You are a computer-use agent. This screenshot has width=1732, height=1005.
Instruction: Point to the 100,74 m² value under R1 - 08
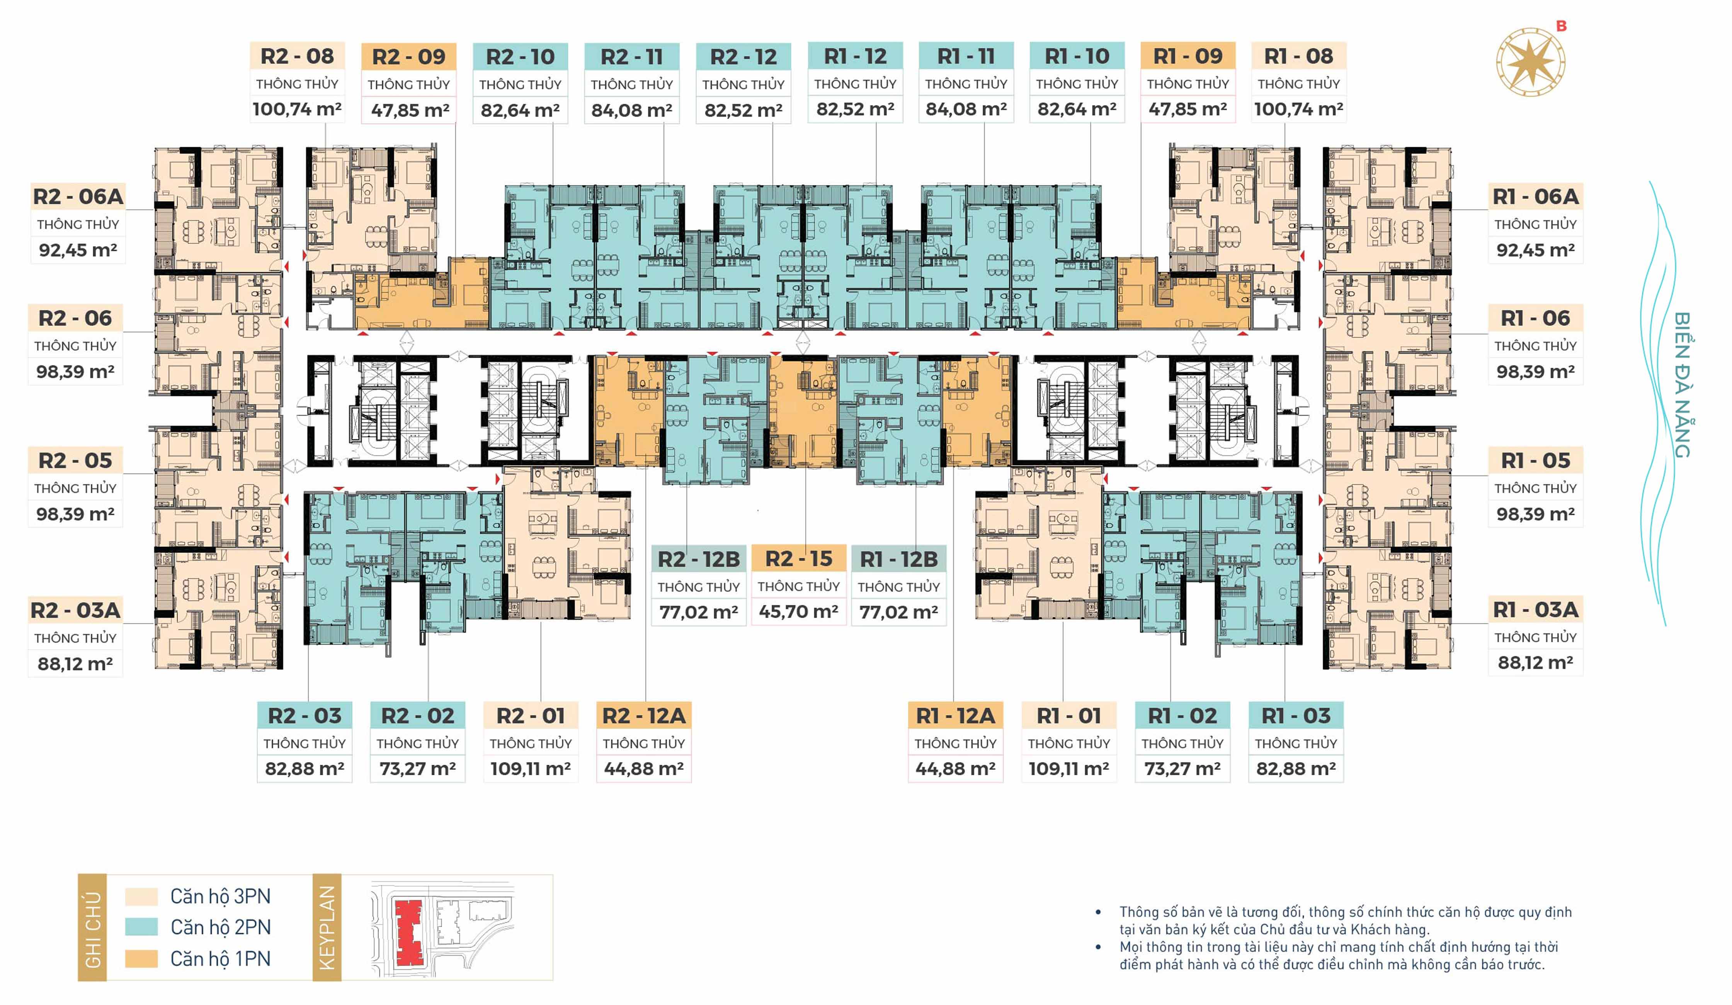click(x=1298, y=109)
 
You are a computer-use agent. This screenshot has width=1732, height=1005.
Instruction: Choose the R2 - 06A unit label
click(x=78, y=197)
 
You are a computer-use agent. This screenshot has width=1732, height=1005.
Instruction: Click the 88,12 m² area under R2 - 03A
click(x=76, y=664)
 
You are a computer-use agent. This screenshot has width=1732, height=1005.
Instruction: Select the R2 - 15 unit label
click(x=799, y=559)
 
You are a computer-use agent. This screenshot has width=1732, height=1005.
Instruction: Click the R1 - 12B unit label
click(x=898, y=559)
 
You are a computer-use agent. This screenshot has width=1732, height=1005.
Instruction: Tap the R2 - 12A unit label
click(x=644, y=716)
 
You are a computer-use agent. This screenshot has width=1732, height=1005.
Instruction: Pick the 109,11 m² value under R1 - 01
click(x=1069, y=769)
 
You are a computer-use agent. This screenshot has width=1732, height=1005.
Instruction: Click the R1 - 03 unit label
click(x=1296, y=716)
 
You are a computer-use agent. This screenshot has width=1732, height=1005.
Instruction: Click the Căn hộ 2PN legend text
click(x=221, y=927)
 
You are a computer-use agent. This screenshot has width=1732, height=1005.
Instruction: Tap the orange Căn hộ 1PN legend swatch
click(x=141, y=958)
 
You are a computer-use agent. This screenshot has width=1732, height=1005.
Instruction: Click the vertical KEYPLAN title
click(x=327, y=927)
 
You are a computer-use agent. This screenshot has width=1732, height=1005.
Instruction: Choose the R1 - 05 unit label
click(x=1535, y=460)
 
